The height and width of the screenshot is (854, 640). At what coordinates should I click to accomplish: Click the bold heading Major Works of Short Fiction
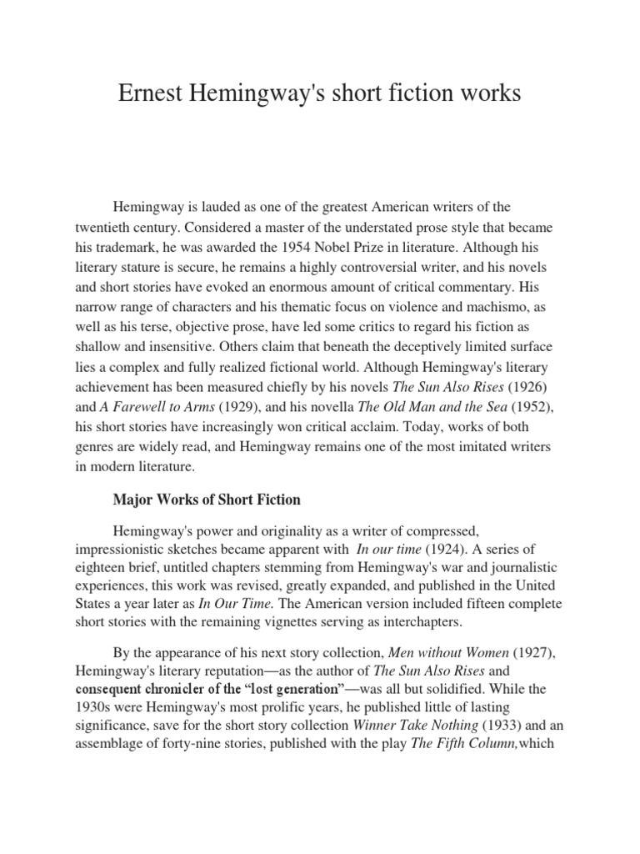click(206, 500)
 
